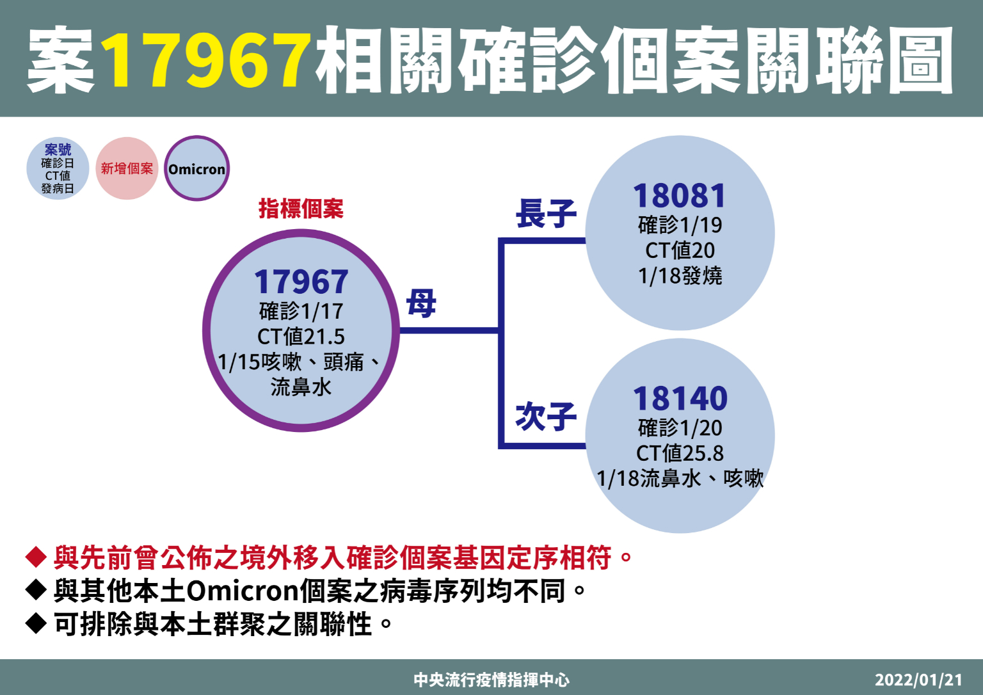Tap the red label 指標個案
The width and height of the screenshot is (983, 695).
301,209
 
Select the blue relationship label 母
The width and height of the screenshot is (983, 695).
421,303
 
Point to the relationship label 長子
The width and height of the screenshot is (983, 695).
545,214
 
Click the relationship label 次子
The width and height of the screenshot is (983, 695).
545,417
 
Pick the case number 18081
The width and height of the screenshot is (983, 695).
679,196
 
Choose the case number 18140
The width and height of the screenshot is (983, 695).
680,399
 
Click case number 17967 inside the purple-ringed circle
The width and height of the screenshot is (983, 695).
301,282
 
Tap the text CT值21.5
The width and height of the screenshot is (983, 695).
301,337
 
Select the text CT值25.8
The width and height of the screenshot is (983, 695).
680,453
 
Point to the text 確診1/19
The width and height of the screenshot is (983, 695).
680,225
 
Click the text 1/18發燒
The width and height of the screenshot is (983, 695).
680,276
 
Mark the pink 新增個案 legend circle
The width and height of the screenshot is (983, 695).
127,168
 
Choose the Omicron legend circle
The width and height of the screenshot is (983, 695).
196,168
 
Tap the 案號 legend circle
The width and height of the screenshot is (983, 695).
58,168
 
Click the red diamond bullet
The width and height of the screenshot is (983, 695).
36,557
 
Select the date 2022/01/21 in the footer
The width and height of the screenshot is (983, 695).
918,680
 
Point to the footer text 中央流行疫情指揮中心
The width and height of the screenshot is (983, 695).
491,680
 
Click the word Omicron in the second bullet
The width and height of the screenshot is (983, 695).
243,591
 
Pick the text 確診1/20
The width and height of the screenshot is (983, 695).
680,427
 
